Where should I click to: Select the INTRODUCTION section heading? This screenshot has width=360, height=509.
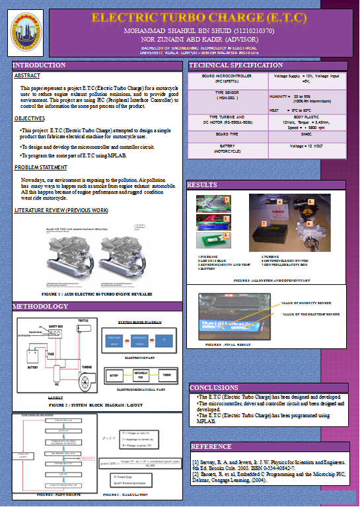click(x=40, y=66)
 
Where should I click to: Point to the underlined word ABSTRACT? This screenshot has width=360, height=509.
click(x=27, y=76)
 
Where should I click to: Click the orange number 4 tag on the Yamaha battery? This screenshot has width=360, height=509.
click(x=279, y=201)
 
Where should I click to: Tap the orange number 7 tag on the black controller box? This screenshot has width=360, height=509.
click(x=264, y=224)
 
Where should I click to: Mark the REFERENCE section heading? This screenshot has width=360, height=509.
click(x=211, y=446)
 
